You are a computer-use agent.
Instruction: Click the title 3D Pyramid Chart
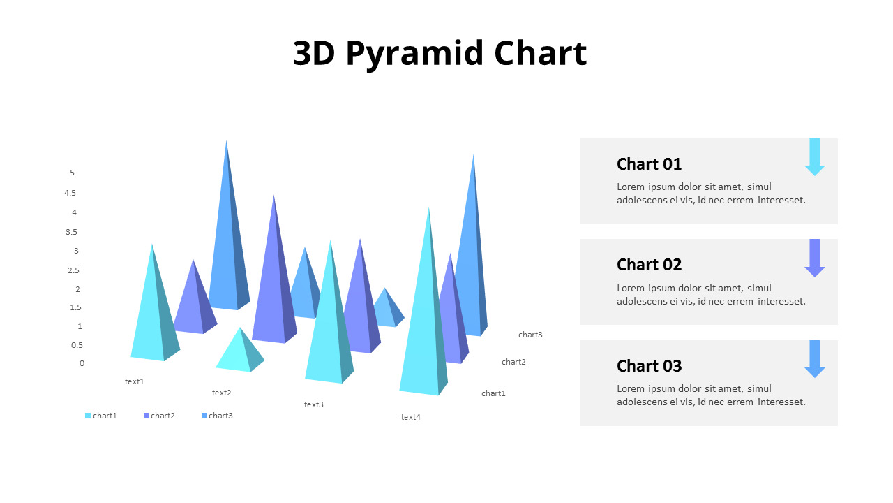click(440, 54)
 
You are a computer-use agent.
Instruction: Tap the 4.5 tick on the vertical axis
click(70, 193)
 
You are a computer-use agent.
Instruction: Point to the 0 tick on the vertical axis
click(82, 363)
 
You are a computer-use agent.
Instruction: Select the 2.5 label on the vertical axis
click(73, 270)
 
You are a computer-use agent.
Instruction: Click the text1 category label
click(135, 381)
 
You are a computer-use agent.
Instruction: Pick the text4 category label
click(411, 417)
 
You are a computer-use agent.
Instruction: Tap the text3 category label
click(314, 404)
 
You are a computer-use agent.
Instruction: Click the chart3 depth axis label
click(530, 335)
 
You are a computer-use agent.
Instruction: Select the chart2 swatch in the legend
click(146, 416)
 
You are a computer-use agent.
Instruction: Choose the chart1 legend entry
click(101, 416)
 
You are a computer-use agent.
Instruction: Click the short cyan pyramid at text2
click(240, 351)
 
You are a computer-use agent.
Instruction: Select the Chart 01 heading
click(649, 164)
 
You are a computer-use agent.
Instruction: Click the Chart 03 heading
click(649, 366)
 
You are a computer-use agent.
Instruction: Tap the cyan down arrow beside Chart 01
click(814, 157)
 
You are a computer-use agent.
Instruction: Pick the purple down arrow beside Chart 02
click(814, 258)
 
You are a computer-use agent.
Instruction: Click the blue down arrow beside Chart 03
click(814, 359)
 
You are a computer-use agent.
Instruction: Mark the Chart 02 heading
click(649, 265)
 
